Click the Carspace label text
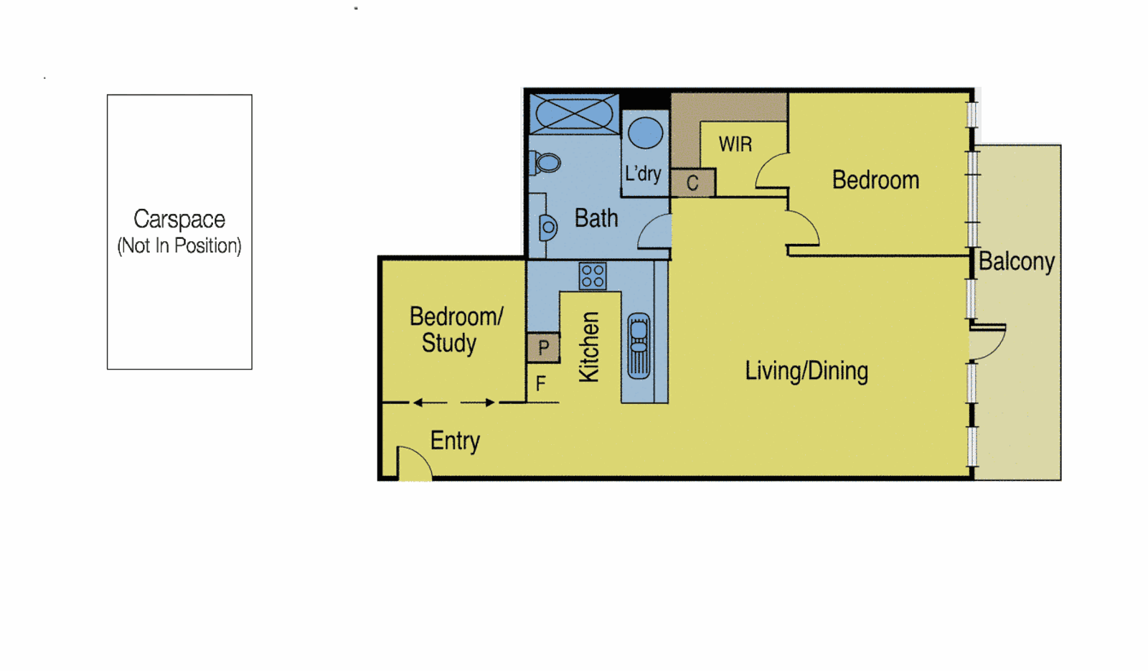point(179,219)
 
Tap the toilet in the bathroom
point(546,163)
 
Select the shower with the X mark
point(574,113)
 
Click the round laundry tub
point(645,133)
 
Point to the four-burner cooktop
point(593,276)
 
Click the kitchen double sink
point(639,345)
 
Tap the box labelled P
point(543,348)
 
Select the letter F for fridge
point(541,384)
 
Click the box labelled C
point(692,183)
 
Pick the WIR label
point(735,144)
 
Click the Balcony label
point(1016,261)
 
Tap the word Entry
point(455,441)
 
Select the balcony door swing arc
point(989,341)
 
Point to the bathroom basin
point(547,227)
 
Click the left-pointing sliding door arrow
point(429,403)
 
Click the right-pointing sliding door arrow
point(478,403)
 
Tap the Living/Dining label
point(806,371)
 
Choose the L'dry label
point(642,174)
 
